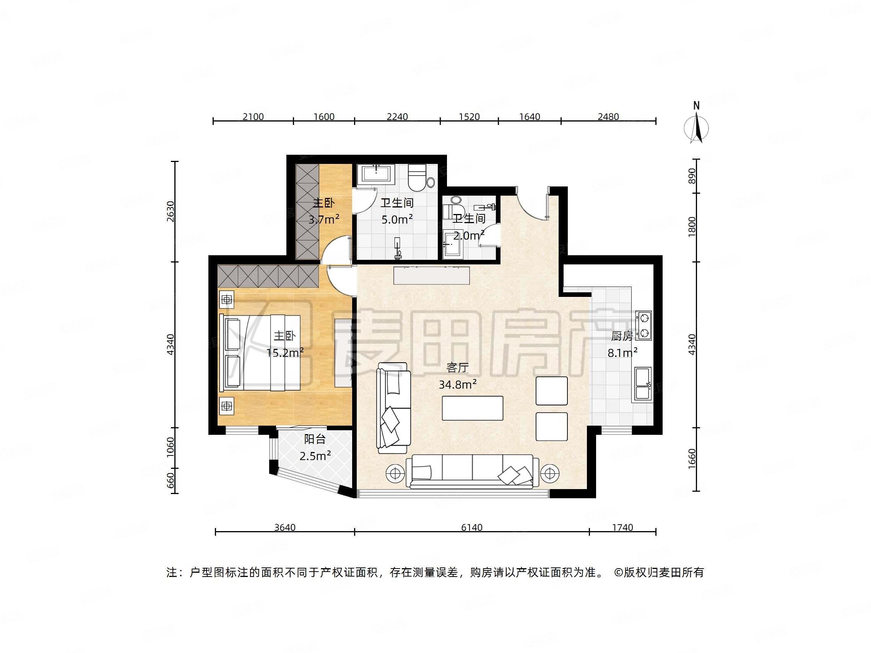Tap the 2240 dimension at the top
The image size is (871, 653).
click(x=397, y=117)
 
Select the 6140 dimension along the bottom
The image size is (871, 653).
click(x=471, y=527)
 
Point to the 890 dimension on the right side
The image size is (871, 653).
click(x=692, y=176)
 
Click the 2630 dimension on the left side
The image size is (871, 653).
click(x=171, y=211)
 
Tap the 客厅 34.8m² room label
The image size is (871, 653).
click(x=458, y=376)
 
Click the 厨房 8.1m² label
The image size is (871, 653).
click(x=622, y=344)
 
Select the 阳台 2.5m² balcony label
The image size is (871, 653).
click(x=315, y=447)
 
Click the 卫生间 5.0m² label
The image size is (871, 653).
click(x=397, y=211)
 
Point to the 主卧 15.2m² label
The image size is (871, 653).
click(x=285, y=344)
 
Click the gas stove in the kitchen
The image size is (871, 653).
click(x=643, y=326)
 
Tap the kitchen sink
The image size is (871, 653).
click(x=642, y=384)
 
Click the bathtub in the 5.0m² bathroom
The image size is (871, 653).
click(x=376, y=174)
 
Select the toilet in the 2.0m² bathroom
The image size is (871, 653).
click(x=452, y=207)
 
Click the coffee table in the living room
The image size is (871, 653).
click(x=472, y=408)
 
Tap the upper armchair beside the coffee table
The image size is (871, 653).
click(x=551, y=391)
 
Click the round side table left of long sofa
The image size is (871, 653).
click(x=395, y=474)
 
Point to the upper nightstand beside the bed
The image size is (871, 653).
click(x=227, y=300)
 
